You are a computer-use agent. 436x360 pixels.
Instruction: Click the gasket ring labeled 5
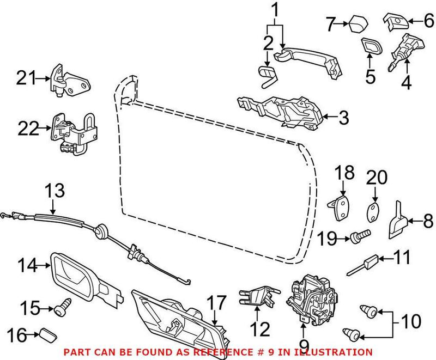coord(371,48)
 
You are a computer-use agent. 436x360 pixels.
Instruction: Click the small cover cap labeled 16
coord(49,333)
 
